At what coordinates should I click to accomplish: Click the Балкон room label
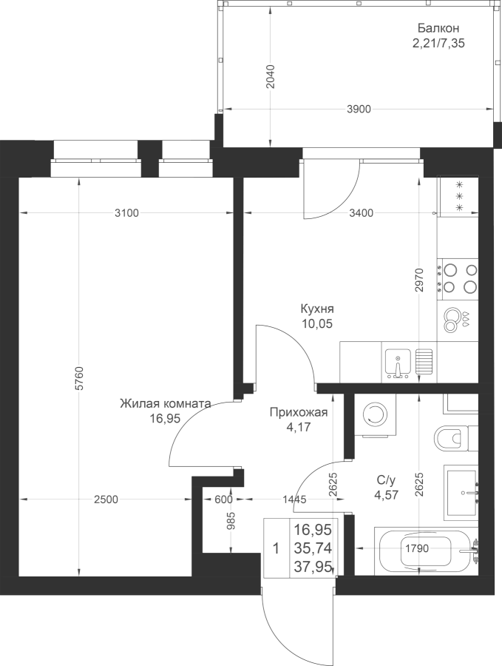tap(438, 28)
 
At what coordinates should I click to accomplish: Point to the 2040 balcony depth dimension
tap(271, 76)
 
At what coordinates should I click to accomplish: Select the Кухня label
tap(317, 308)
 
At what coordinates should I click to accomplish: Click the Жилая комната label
tap(165, 403)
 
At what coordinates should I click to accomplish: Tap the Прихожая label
tap(299, 412)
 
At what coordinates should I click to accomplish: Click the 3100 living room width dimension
tap(127, 213)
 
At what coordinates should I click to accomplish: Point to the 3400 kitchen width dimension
tap(361, 213)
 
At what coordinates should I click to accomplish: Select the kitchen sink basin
tap(398, 363)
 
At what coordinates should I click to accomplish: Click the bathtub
tap(427, 551)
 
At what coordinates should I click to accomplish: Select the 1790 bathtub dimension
tap(417, 548)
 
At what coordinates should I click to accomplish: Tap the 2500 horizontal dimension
tap(106, 499)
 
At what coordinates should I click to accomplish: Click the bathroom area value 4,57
tap(386, 494)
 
